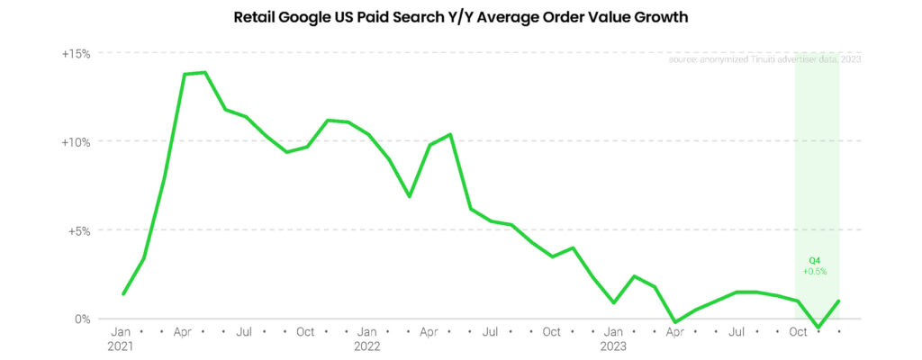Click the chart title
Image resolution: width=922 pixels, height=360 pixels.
[461, 17]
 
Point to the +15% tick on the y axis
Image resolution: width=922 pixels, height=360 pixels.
[77, 54]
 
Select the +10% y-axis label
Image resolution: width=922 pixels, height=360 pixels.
[77, 142]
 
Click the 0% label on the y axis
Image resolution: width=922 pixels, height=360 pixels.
[83, 319]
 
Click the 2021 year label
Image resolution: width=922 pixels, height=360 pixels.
[122, 346]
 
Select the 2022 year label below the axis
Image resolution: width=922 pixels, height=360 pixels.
[367, 346]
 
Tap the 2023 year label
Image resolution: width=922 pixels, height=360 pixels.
[613, 346]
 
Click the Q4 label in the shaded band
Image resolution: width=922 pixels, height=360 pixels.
[815, 260]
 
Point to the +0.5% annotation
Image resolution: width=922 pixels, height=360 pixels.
[815, 271]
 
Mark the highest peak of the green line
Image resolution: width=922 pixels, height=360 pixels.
[204, 72]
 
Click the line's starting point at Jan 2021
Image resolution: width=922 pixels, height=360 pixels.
[123, 293]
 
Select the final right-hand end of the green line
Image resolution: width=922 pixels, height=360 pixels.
[839, 301]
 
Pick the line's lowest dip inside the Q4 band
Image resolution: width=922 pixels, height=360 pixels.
[818, 327]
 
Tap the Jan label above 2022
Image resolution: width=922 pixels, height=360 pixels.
[367, 332]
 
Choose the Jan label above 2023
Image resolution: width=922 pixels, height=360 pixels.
[613, 332]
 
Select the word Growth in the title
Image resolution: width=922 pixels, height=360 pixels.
[660, 17]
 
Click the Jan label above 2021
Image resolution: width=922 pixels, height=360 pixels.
[122, 332]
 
